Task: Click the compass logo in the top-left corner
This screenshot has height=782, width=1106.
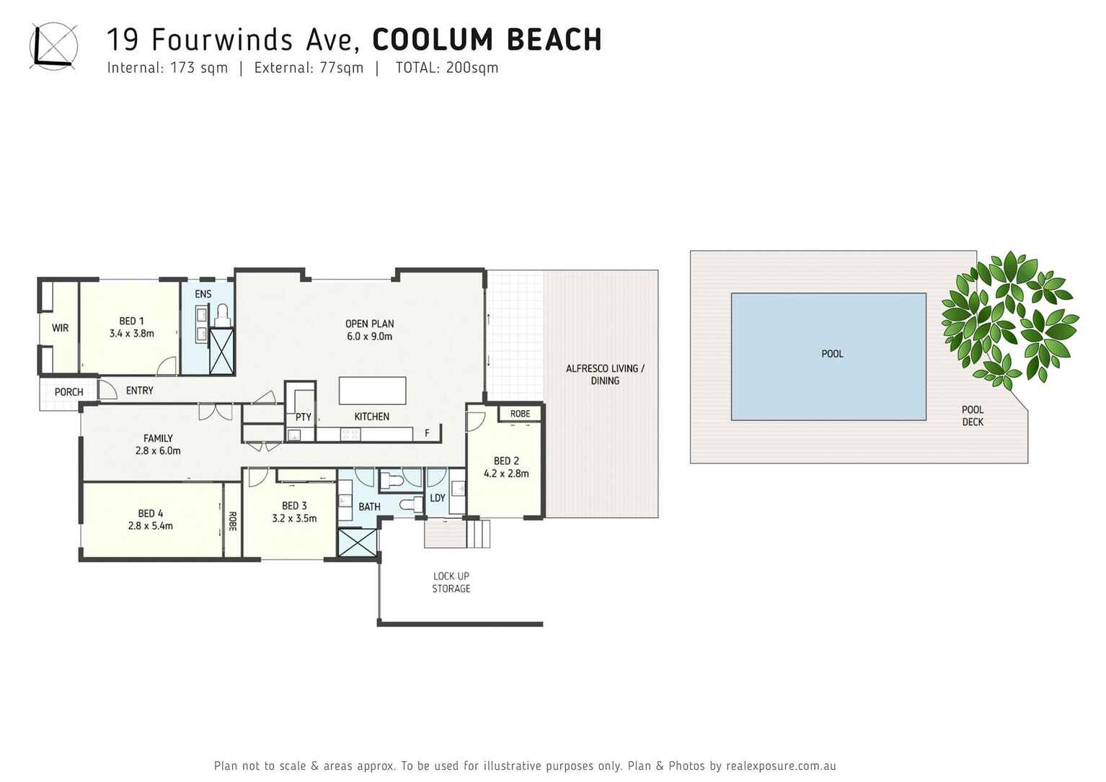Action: tap(53, 46)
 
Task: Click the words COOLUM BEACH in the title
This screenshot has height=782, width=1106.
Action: tap(487, 40)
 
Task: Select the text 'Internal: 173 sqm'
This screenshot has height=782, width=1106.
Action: tap(167, 68)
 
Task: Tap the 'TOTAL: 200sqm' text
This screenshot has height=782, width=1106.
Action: tap(447, 68)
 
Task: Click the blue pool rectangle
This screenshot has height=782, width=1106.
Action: tap(828, 356)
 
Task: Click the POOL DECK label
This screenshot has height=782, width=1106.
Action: tap(972, 416)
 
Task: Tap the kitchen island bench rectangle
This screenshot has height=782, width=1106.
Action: tap(372, 391)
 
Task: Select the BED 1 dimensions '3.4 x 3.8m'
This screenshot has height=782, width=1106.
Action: tap(131, 334)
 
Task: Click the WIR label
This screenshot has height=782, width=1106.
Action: tap(60, 328)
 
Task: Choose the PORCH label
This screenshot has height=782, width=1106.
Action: tap(68, 392)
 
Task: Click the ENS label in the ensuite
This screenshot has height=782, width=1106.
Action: tap(203, 294)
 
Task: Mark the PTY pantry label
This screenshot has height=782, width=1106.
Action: tap(303, 417)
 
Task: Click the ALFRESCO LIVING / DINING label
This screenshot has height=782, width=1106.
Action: tap(604, 374)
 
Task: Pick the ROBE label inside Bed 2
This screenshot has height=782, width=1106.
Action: tap(520, 414)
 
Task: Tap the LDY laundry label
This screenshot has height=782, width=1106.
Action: tap(437, 498)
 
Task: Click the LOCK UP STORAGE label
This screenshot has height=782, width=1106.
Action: tap(451, 582)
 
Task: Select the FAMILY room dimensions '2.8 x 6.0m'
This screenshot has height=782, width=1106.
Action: tap(158, 451)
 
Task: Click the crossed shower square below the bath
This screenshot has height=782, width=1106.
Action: tap(358, 542)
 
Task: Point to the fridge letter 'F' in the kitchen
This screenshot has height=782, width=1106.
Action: tap(427, 433)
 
